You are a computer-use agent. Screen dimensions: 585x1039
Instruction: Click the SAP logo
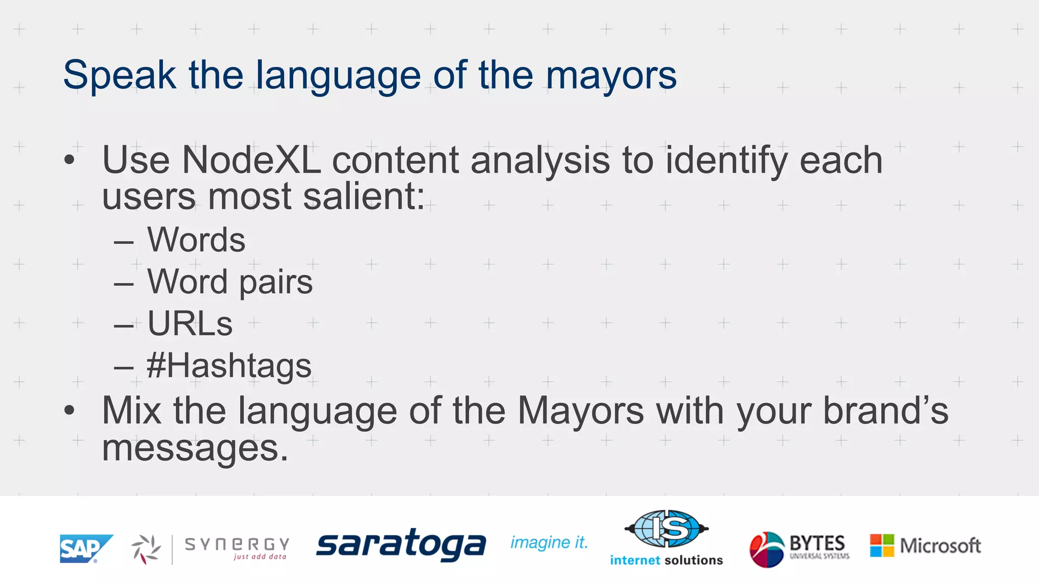pos(85,548)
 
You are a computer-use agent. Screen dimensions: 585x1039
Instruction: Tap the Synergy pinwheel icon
pos(147,549)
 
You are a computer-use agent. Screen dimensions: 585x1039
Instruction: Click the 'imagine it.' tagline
pos(549,543)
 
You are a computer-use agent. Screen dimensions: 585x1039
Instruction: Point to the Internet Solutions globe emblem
pos(667,529)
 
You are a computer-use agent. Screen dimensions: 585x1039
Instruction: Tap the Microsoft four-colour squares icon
pos(882,545)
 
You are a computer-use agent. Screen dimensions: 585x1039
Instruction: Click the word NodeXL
pos(251,160)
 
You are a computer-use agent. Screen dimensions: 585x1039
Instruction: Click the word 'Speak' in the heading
pos(119,75)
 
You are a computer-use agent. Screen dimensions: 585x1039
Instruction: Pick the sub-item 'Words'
pos(196,240)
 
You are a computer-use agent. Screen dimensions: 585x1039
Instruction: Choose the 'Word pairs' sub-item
pos(230,282)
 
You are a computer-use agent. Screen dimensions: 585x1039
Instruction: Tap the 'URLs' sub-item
pos(190,323)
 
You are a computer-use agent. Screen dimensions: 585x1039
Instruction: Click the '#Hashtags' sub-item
pos(229,366)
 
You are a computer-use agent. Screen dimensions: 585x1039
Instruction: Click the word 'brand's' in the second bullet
pos(885,411)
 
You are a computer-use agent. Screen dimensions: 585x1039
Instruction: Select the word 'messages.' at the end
pos(195,448)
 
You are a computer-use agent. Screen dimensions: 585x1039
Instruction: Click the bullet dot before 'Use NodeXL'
pos(70,160)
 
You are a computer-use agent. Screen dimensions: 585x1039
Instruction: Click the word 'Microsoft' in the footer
pos(940,546)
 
